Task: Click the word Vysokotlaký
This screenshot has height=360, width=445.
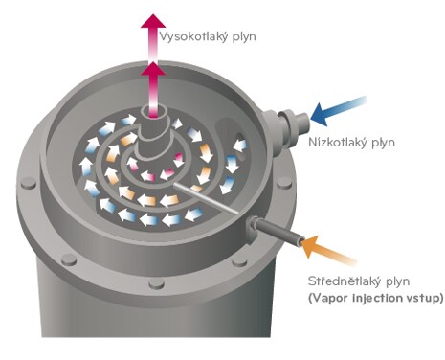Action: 193,36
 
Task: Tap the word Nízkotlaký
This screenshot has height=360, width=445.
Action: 338,142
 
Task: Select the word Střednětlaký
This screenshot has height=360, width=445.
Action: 345,281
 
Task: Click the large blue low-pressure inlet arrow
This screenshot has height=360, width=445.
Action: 338,110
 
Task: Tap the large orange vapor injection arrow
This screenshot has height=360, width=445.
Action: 328,251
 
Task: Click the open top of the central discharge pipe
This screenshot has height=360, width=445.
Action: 154,112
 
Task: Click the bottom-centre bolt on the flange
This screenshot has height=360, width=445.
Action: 157,282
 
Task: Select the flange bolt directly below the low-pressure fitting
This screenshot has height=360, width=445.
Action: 284,182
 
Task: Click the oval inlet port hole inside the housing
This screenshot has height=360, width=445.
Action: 240,140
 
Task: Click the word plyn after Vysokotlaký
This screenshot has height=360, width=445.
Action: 244,37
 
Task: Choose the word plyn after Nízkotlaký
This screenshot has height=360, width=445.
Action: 383,143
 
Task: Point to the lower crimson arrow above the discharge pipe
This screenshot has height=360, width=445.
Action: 153,89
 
